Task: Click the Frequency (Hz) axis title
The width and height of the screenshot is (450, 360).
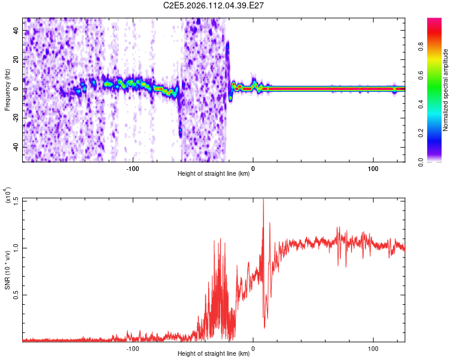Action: (x=7, y=90)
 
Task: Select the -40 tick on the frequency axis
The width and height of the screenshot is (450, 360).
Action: (x=15, y=147)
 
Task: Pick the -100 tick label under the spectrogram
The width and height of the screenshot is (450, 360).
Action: (x=133, y=169)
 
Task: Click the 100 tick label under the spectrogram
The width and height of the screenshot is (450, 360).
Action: (x=373, y=169)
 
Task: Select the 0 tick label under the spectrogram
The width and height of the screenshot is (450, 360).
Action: (x=253, y=169)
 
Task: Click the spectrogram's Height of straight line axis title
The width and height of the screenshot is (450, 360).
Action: (x=214, y=175)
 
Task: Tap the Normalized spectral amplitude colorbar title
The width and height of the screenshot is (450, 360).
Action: (x=446, y=90)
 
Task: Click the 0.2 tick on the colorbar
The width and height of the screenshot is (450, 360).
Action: (x=438, y=133)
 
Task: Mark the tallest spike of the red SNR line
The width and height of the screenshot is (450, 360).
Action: (x=263, y=200)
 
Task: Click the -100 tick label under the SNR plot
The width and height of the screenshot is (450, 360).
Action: (x=133, y=348)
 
